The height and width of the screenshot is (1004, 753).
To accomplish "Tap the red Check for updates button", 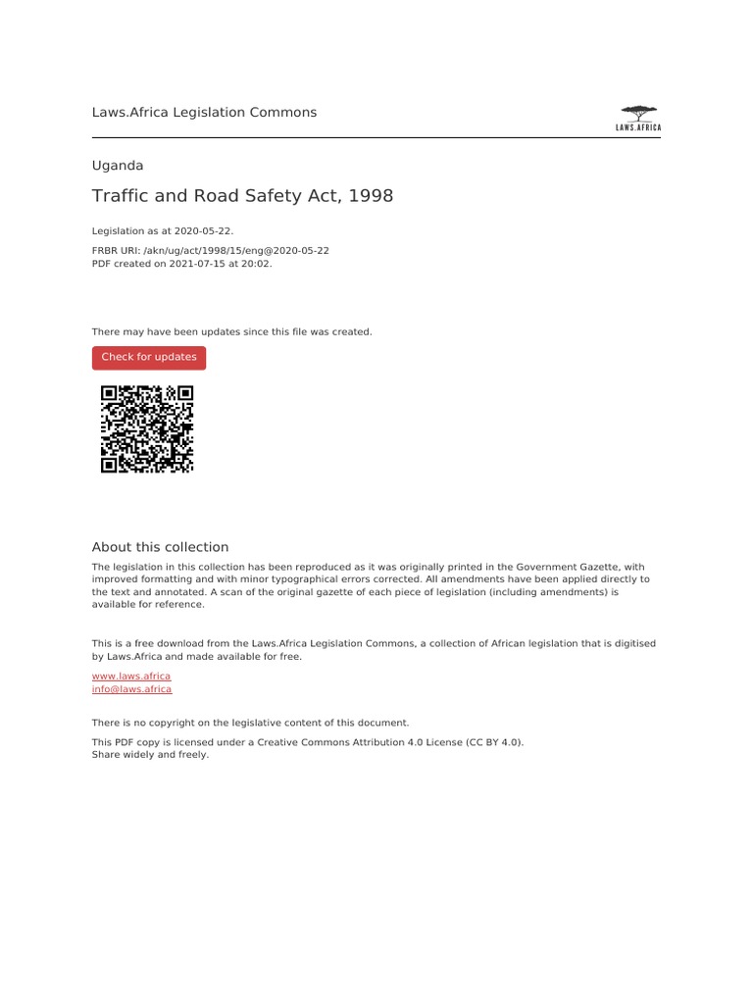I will click(149, 358).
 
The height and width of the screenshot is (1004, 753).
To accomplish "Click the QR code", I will click(147, 429).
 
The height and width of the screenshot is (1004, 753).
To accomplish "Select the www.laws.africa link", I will click(131, 677).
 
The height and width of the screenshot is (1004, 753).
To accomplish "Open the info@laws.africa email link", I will click(131, 689).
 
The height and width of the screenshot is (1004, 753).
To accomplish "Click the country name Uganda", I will click(118, 166).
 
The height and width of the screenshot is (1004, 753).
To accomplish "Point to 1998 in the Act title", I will click(371, 196).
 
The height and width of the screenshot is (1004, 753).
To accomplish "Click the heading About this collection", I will click(160, 547).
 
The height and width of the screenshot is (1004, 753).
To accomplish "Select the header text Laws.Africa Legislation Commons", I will click(204, 113).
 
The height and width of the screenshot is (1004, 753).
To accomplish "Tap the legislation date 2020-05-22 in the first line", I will click(204, 231).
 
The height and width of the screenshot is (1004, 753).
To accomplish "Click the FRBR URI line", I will click(210, 251).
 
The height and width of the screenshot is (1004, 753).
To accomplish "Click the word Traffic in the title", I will click(117, 196).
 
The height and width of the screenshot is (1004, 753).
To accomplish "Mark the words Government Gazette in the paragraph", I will click(567, 567).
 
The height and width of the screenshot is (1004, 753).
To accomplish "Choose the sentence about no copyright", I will click(250, 723).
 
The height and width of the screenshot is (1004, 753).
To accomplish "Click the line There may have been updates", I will click(231, 332).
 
